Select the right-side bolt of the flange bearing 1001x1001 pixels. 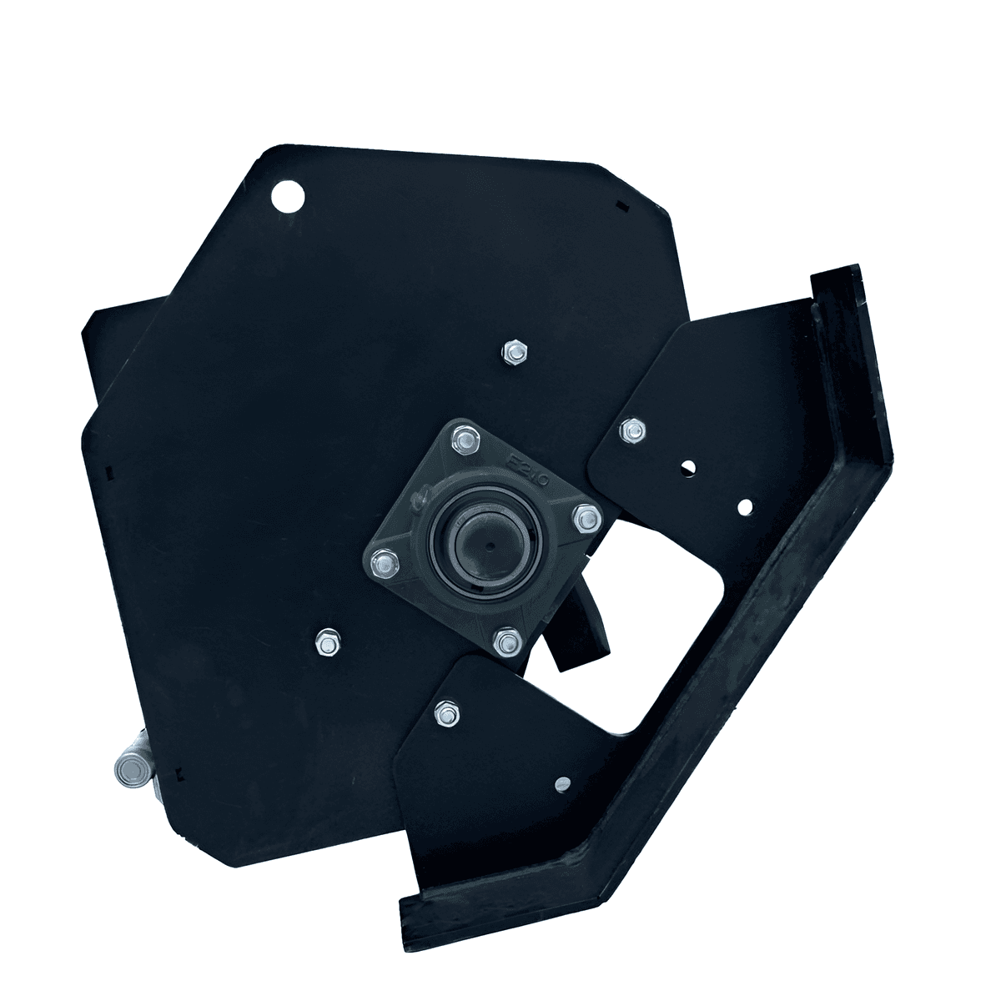(586, 519)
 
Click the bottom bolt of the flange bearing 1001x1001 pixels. (505, 641)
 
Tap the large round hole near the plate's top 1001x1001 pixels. (288, 197)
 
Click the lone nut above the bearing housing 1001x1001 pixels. (515, 353)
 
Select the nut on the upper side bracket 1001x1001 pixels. (631, 430)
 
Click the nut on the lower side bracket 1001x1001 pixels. (444, 713)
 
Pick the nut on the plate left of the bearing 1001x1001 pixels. (325, 643)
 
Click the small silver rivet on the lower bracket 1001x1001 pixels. (561, 782)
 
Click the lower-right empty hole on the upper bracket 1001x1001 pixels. (745, 506)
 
